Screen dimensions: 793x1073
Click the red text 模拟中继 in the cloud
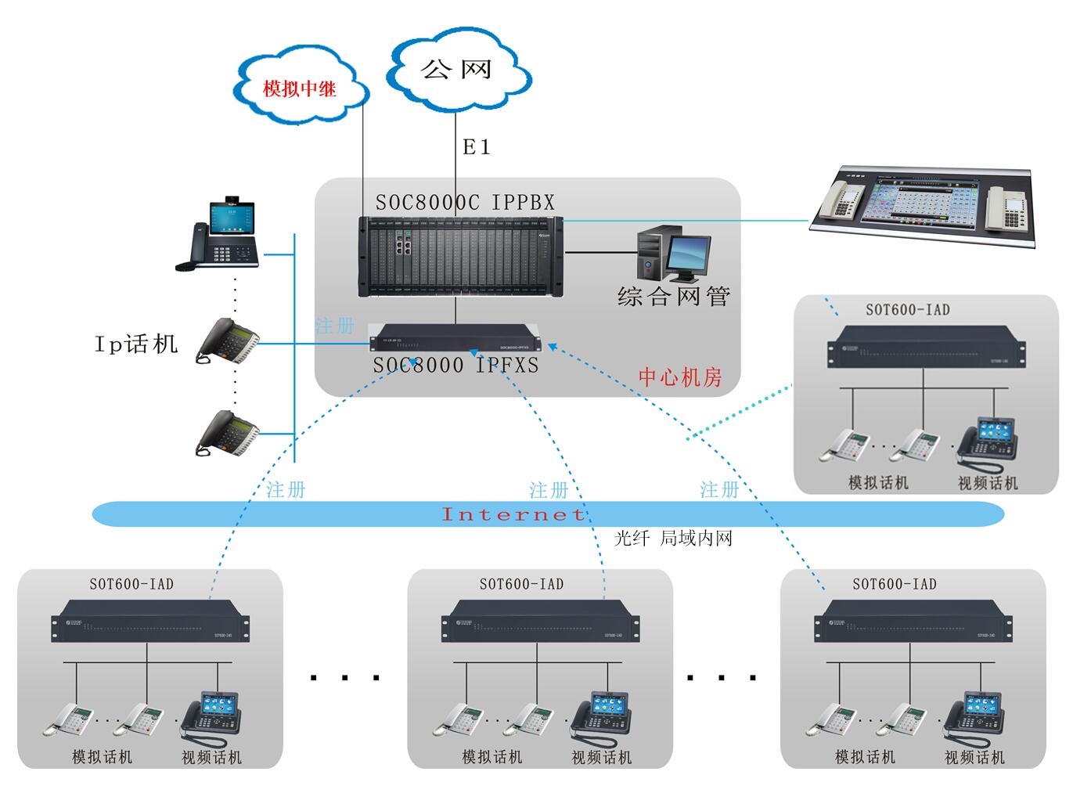[300, 88]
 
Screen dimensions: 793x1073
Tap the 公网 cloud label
[456, 69]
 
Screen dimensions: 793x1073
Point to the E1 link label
[476, 147]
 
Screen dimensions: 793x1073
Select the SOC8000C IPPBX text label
[465, 203]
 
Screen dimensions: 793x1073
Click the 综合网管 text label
[673, 297]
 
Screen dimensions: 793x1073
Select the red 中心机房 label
[680, 377]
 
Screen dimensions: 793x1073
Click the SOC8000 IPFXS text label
[455, 366]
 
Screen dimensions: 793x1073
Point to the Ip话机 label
[136, 344]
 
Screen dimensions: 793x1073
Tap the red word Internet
[513, 514]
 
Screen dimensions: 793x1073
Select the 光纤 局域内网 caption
[673, 539]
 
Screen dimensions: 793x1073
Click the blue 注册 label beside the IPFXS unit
[334, 326]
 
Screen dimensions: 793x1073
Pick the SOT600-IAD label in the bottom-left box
[131, 584]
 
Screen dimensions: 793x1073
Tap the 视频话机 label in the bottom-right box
[974, 758]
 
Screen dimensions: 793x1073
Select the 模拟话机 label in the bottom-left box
[102, 758]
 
